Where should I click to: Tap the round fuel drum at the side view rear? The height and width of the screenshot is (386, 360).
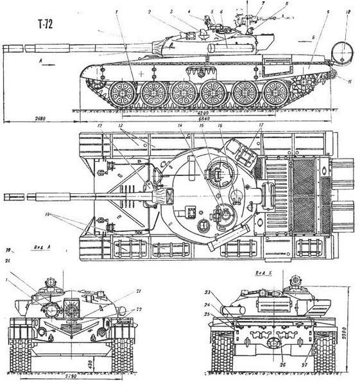[341, 51]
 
